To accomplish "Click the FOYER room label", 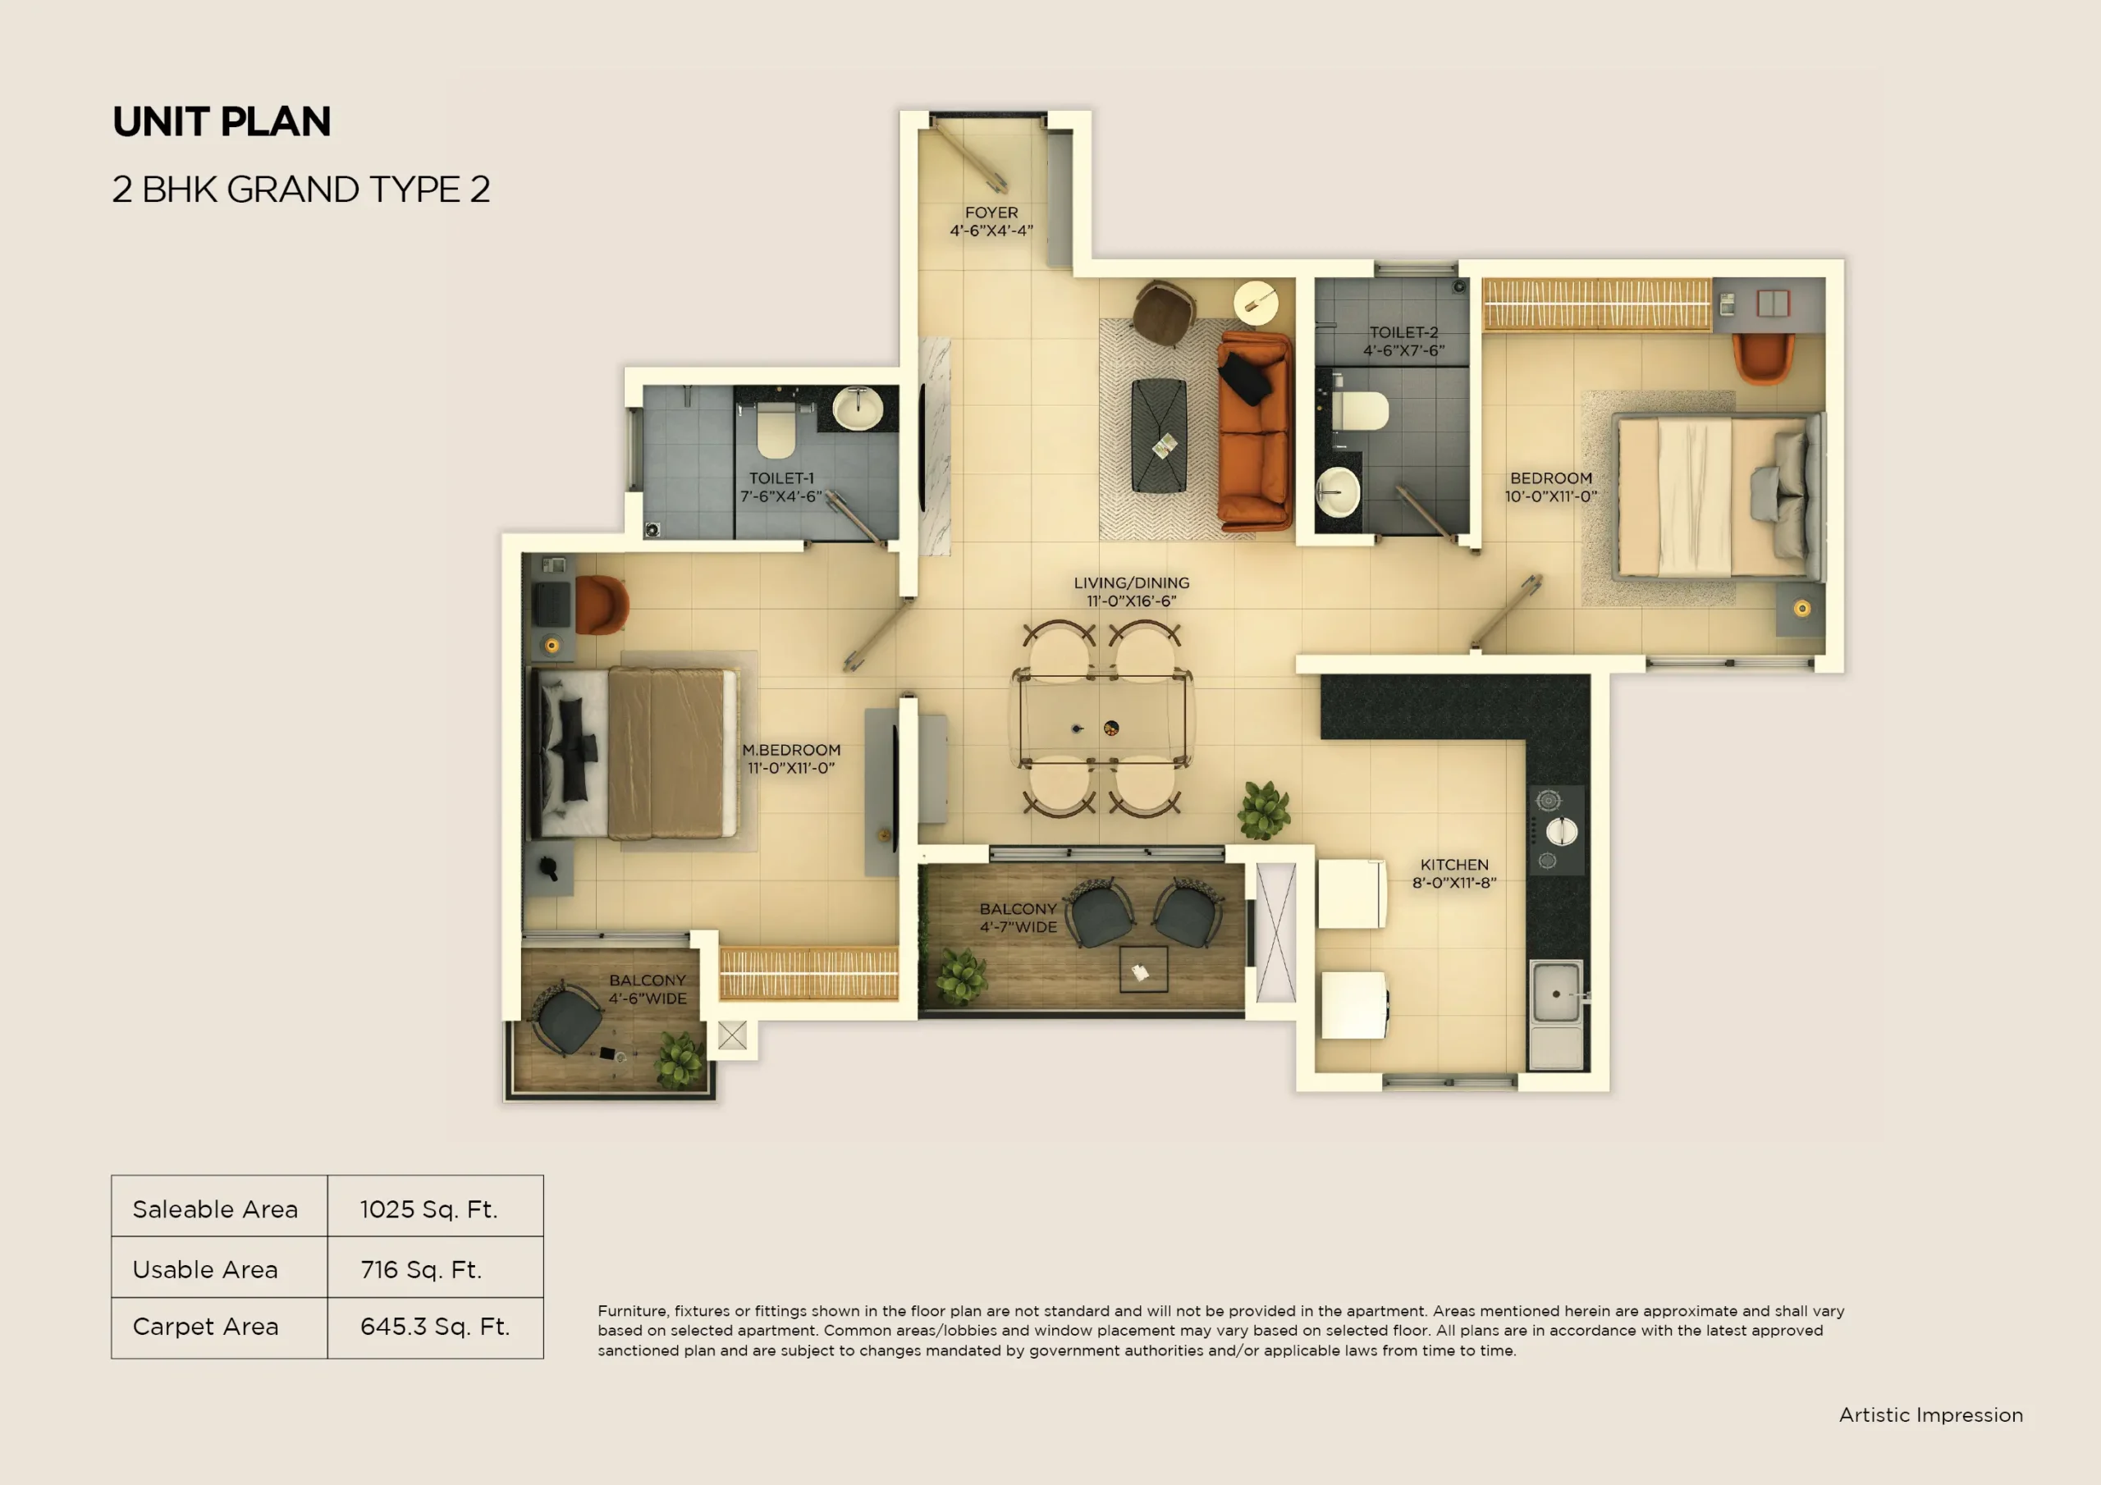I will pyautogui.click(x=991, y=212).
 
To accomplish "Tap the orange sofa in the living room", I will pyautogui.click(x=1255, y=432).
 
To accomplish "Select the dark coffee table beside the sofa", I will pyautogui.click(x=1159, y=435).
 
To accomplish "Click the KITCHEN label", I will pyautogui.click(x=1454, y=865).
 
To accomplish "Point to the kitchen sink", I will pyautogui.click(x=1555, y=994).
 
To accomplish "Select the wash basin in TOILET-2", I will pyautogui.click(x=1338, y=493).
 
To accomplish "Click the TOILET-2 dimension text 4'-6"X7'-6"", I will pyautogui.click(x=1403, y=350).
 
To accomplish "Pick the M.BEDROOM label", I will pyautogui.click(x=790, y=750).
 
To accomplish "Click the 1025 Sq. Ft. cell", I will pyautogui.click(x=428, y=1209).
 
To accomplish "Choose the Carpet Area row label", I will pyautogui.click(x=205, y=1327).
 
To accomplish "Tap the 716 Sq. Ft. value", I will pyautogui.click(x=421, y=1270).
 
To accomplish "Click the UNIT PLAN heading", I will pyautogui.click(x=222, y=121).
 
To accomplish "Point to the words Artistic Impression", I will pyautogui.click(x=1931, y=1414).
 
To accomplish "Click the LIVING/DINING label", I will pyautogui.click(x=1131, y=583).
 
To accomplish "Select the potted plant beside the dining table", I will pyautogui.click(x=1265, y=810).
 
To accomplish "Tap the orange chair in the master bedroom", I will pyautogui.click(x=600, y=605).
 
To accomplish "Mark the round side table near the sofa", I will pyautogui.click(x=1256, y=302).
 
